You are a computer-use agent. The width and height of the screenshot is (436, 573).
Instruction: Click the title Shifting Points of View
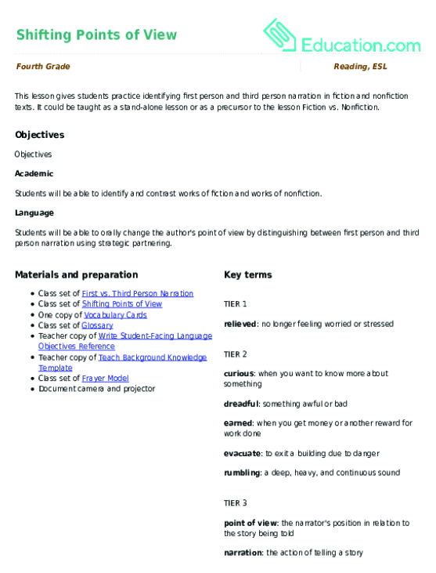[x=95, y=34]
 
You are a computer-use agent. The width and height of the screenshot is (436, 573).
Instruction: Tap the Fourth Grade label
[x=43, y=67]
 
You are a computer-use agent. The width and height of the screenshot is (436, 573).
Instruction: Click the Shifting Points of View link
[x=122, y=304]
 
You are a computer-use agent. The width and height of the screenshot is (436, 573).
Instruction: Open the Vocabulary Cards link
[x=115, y=314]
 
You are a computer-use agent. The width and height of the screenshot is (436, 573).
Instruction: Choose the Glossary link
[x=97, y=325]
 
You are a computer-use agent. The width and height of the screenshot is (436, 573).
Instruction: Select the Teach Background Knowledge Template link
[x=153, y=357]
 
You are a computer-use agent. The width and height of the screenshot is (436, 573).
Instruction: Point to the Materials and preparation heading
[x=76, y=275]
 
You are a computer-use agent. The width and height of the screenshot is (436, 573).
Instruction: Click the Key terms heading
[x=247, y=275]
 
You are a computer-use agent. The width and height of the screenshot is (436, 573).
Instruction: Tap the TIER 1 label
[x=235, y=303]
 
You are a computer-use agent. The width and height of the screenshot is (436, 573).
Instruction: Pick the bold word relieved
[x=240, y=323]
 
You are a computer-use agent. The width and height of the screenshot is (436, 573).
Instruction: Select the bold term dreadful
[x=240, y=404]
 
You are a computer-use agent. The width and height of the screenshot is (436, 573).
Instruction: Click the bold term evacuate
[x=241, y=453]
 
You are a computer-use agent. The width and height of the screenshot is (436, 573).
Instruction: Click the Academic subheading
[x=34, y=173]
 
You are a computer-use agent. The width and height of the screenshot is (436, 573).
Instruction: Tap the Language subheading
[x=34, y=212]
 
